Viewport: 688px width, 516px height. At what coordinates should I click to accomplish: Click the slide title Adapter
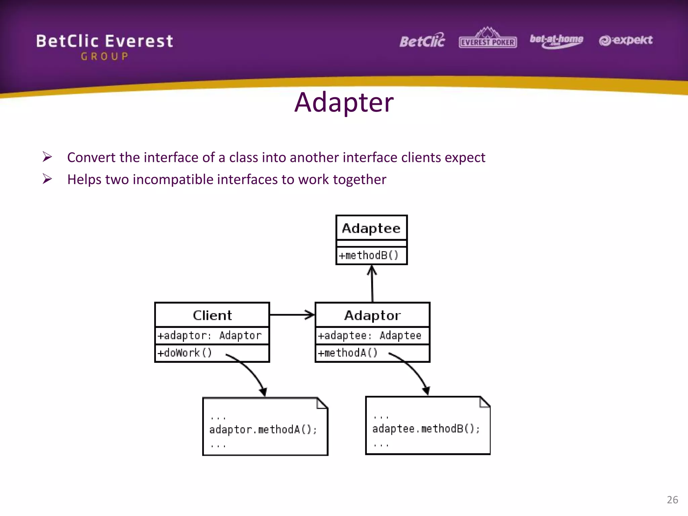pos(344,102)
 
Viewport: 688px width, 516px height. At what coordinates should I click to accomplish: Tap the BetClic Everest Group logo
pos(104,46)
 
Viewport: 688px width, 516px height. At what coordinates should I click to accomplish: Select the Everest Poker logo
pos(487,39)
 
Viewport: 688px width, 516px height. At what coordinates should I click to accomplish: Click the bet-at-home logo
pos(556,41)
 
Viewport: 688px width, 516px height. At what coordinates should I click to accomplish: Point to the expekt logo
pos(626,40)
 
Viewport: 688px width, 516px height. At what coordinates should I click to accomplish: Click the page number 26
pos(672,500)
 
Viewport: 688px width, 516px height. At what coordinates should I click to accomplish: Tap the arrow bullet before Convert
pos(47,157)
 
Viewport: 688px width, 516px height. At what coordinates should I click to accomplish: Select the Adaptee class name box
pos(371,228)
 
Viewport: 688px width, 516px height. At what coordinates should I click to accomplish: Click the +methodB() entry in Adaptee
pos(369,255)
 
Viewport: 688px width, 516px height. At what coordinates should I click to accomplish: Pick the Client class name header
pos(212,315)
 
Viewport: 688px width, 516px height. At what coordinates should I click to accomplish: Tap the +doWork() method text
pos(185,353)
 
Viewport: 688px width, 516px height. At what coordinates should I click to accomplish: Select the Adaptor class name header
pos(372,315)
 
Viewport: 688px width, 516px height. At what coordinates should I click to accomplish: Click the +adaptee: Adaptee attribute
pos(370,335)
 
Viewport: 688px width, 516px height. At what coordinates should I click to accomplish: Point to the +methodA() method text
pos(348,353)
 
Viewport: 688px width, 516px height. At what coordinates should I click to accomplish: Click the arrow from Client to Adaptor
pos(292,315)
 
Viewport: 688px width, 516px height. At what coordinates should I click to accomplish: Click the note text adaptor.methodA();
pos(263,430)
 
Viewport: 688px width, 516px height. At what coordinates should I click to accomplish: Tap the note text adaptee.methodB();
pos(426,429)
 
